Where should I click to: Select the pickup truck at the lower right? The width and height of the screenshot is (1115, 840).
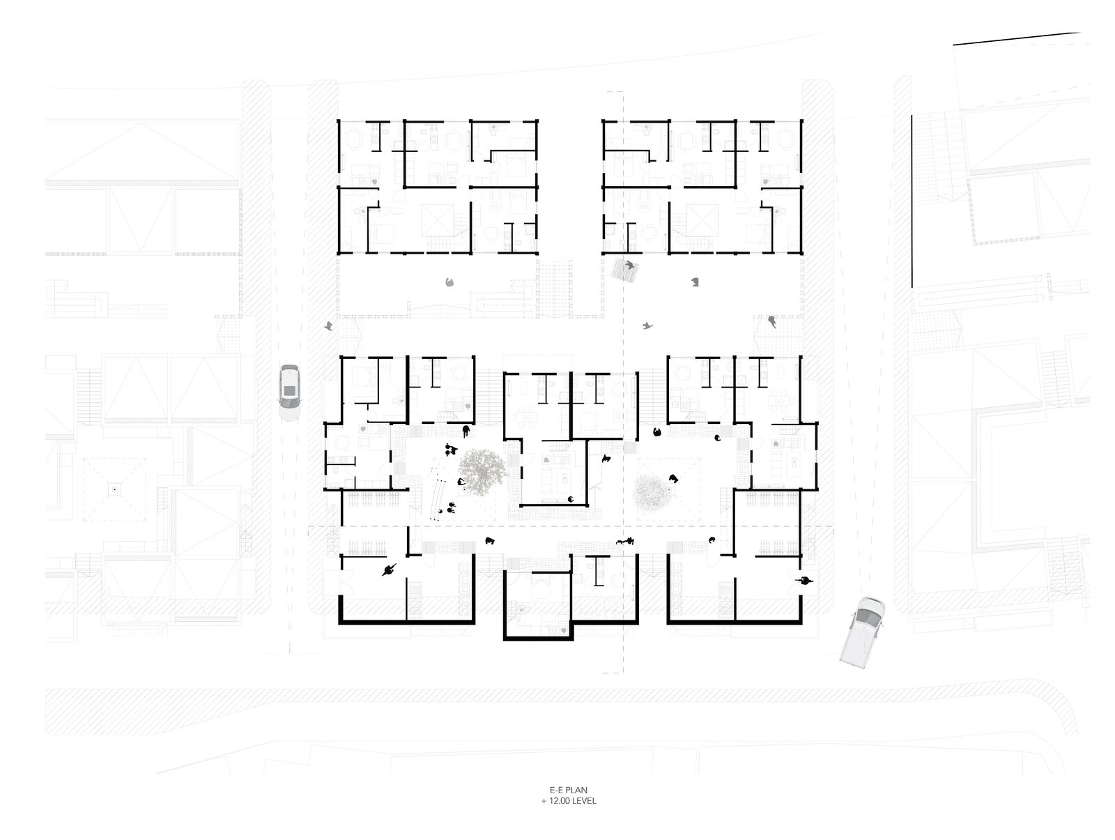click(x=862, y=631)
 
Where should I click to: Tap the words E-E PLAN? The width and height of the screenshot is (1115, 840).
click(x=569, y=791)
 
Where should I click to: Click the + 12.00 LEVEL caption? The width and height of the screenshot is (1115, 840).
click(x=569, y=801)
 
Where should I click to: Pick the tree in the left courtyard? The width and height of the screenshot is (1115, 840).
click(x=482, y=472)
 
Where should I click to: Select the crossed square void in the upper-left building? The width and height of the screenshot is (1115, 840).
click(x=438, y=220)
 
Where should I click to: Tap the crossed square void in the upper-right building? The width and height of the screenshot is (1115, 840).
click(x=702, y=220)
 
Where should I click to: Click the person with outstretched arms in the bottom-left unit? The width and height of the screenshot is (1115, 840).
click(x=390, y=570)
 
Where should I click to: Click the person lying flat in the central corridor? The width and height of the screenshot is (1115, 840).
click(x=625, y=541)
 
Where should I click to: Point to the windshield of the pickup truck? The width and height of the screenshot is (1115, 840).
click(x=868, y=618)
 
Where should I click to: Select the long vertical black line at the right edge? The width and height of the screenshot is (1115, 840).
click(x=912, y=201)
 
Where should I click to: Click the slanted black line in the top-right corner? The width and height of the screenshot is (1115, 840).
click(x=1017, y=38)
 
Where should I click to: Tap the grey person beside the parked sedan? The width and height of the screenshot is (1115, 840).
click(x=329, y=326)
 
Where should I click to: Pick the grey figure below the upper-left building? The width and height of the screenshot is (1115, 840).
click(x=449, y=282)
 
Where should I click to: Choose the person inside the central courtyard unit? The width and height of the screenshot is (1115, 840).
click(x=571, y=500)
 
